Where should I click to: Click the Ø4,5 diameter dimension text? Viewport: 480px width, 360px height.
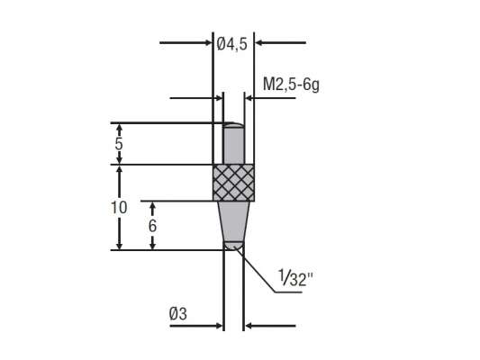coord(233,41)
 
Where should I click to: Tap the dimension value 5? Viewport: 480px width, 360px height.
coord(120,143)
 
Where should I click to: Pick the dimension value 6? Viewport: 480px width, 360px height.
coord(153,225)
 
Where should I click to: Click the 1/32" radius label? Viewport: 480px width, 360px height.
coord(292,280)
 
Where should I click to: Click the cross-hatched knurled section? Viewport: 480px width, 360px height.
coord(233,183)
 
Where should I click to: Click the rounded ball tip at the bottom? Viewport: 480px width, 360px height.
coord(233,245)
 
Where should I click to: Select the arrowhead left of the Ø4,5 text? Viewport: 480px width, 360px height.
coord(208,41)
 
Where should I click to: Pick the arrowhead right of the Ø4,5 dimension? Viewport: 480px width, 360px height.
coord(261,41)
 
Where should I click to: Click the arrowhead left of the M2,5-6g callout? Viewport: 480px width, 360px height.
coord(217,98)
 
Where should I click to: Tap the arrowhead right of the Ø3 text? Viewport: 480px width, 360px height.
coord(217,327)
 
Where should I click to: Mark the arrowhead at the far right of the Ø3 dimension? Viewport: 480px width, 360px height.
coord(249,327)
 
